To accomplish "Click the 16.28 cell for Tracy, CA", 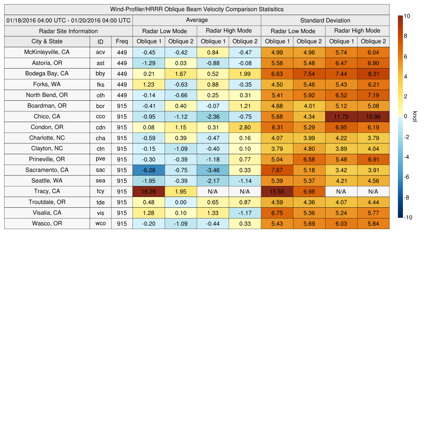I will point(148,191).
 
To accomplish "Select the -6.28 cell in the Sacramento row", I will point(148,170).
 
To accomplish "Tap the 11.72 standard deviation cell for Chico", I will point(341,117).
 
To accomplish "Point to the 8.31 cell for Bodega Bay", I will point(373,74).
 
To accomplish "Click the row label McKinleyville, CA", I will point(47,52).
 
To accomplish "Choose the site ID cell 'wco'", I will point(100,224).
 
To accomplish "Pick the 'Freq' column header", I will point(122,41).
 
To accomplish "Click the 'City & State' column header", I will point(47,41).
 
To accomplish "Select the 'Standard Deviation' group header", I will point(325,20).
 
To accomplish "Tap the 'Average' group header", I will point(196,20).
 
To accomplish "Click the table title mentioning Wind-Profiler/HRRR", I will point(196,9).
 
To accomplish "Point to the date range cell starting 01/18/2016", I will point(68,20).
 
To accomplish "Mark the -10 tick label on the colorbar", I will point(408,217).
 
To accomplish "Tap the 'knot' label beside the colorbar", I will point(415,117).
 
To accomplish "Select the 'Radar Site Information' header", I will point(68,31).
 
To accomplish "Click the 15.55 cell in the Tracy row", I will point(277,191).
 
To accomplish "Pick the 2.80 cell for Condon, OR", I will point(245,127).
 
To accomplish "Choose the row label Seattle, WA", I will point(47,181).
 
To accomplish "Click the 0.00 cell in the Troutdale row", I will point(181,202).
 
